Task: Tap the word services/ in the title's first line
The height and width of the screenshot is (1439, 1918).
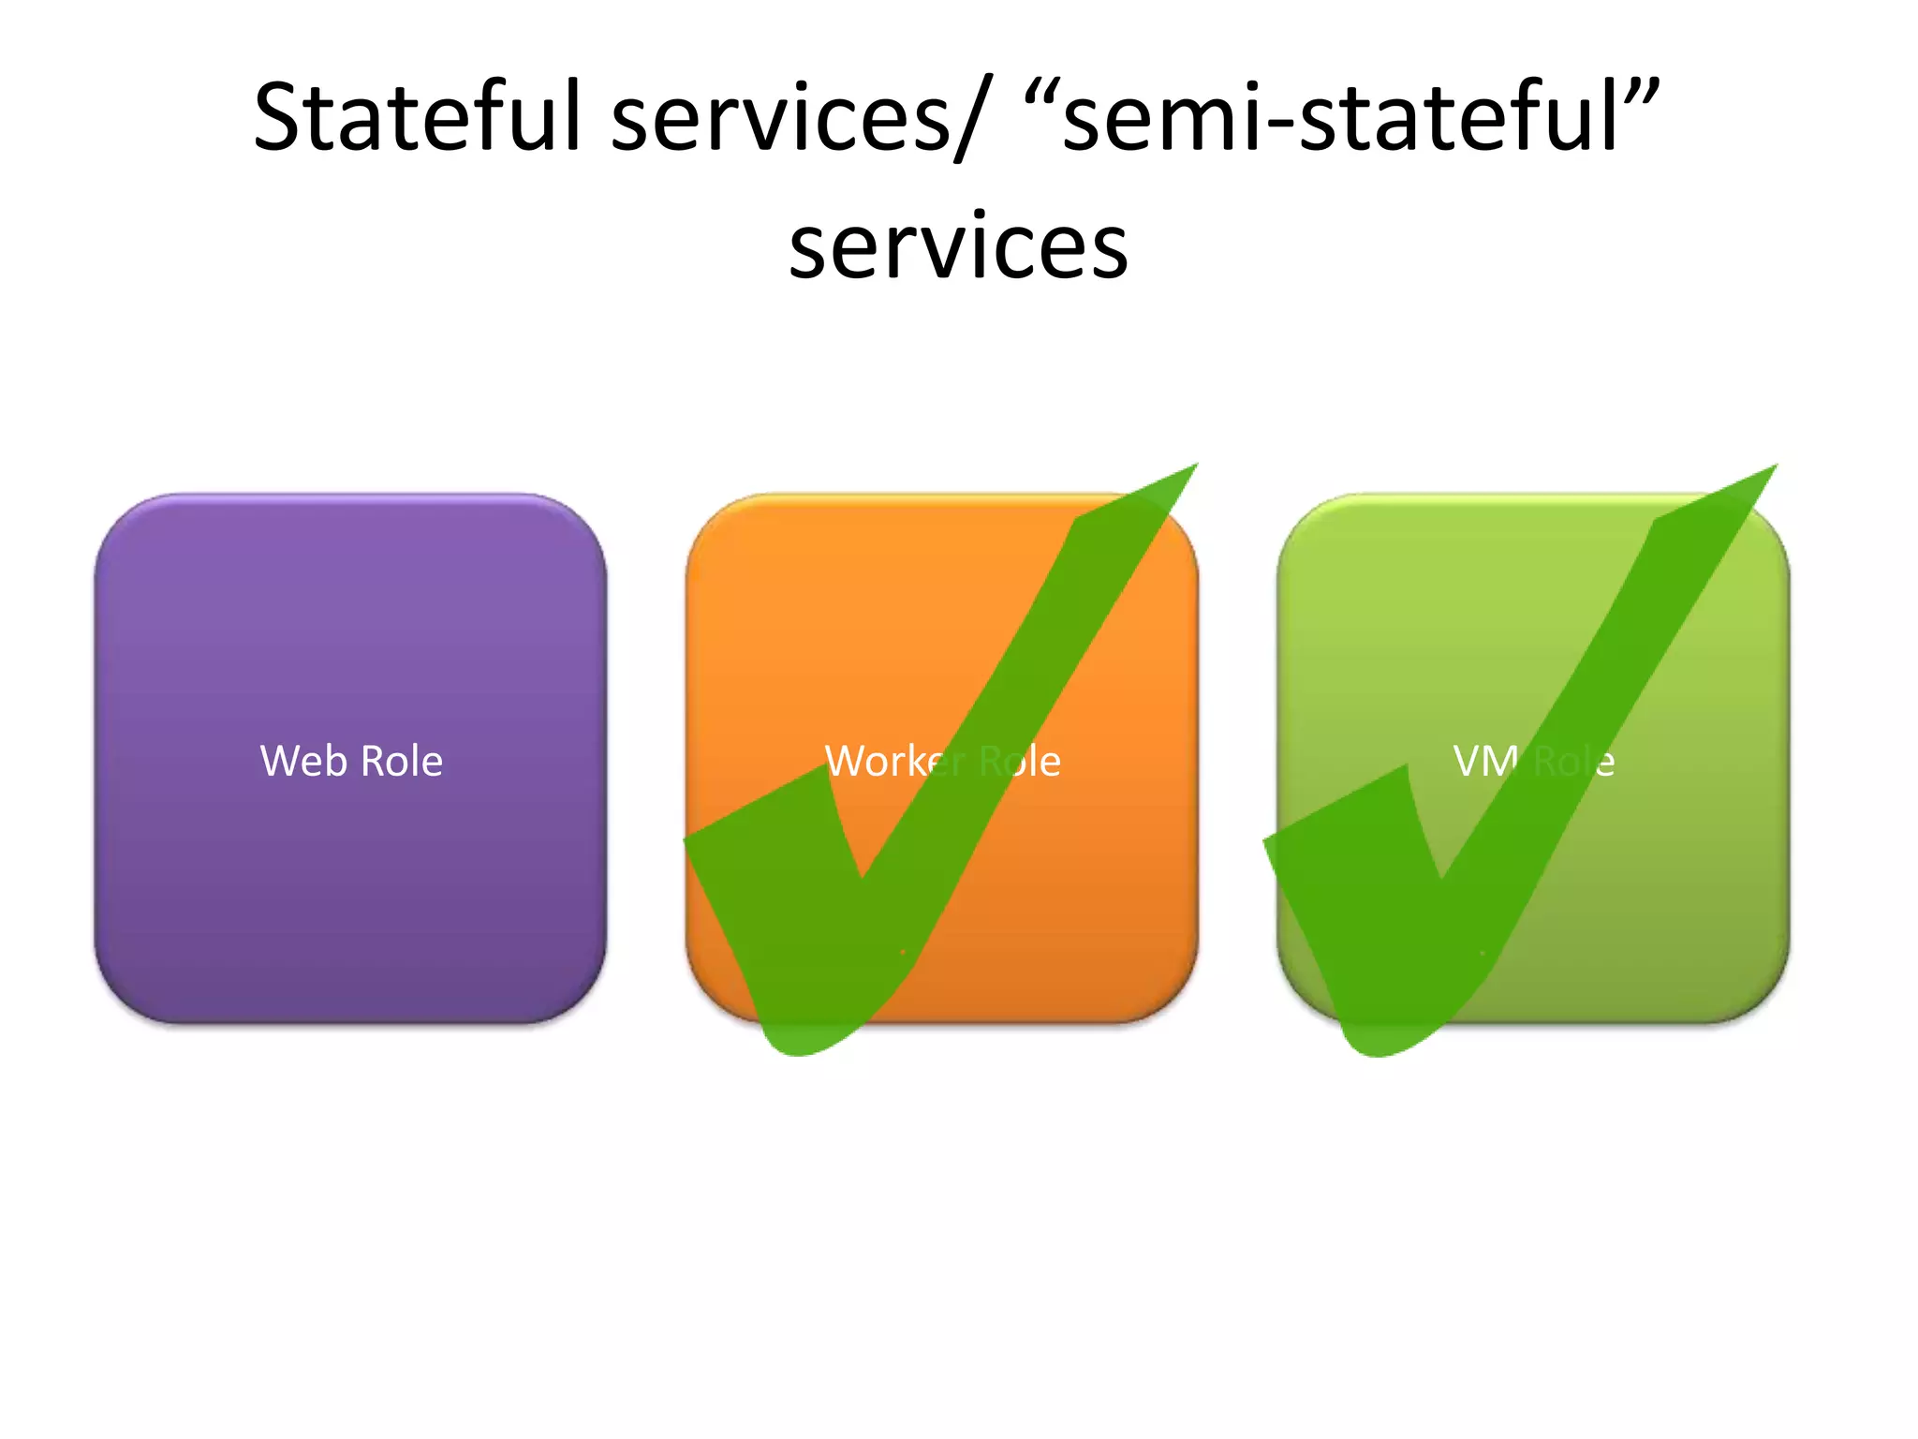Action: tap(796, 119)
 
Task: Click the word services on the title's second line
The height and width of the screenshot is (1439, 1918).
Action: tap(958, 246)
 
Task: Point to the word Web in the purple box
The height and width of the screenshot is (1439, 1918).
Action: tap(302, 761)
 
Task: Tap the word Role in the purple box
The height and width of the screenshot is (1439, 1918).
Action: tap(402, 761)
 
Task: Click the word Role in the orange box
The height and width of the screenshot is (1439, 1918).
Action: tap(1020, 761)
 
